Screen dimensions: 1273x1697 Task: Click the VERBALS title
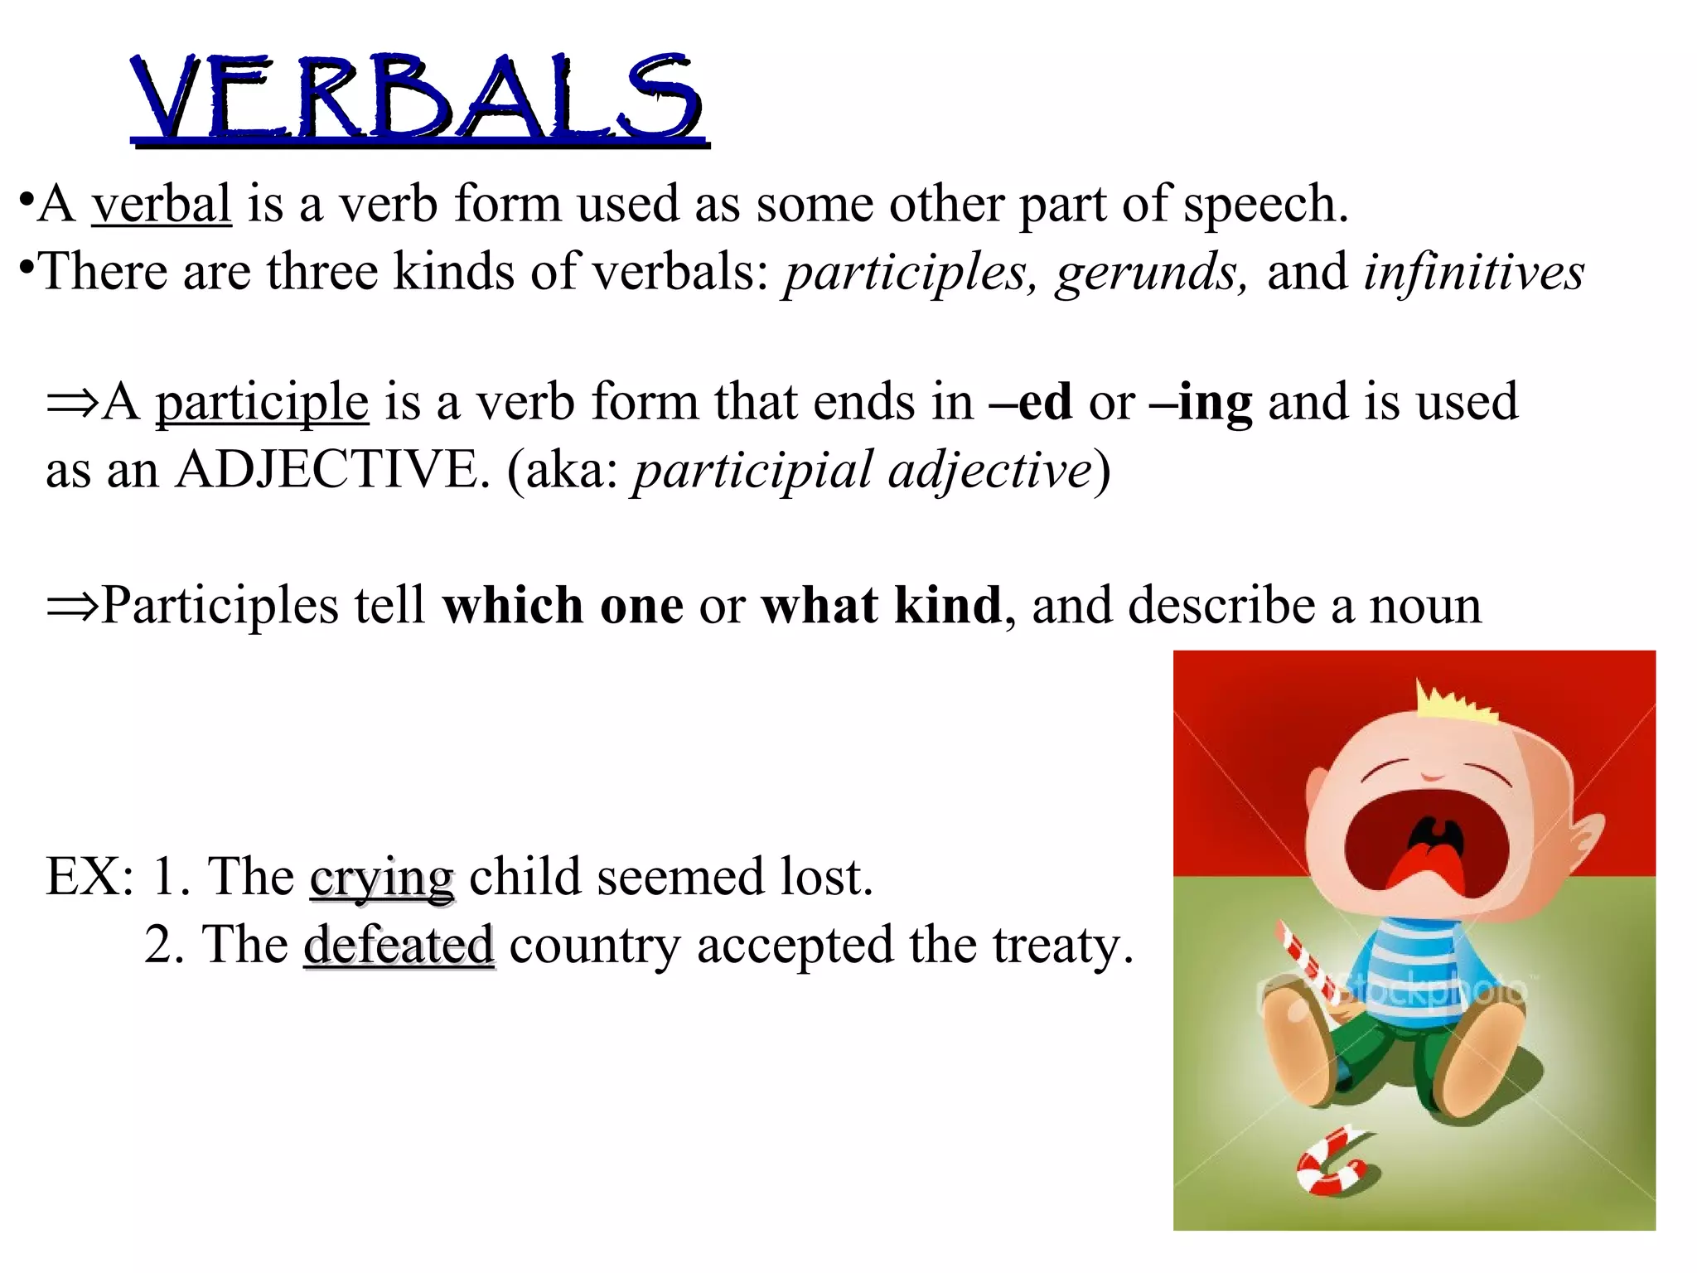tap(418, 98)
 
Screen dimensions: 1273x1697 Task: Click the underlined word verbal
tap(162, 204)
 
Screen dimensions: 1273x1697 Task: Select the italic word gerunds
tap(1150, 272)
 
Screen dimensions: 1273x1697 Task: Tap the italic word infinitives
tap(1473, 272)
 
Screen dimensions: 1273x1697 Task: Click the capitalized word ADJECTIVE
tap(327, 470)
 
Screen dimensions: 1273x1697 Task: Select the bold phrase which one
tap(563, 605)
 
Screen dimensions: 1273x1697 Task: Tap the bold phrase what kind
tap(882, 605)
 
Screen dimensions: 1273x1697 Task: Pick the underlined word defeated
tap(399, 945)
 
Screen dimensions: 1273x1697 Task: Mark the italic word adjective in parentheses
tap(990, 470)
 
